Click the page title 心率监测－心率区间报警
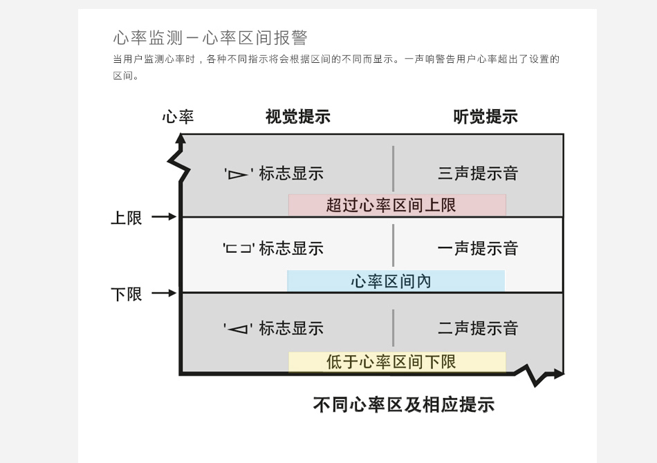pyautogui.click(x=210, y=38)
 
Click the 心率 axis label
pyautogui.click(x=178, y=117)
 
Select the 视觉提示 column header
pyautogui.click(x=297, y=117)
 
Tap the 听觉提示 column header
pyautogui.click(x=485, y=117)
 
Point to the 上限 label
pyautogui.click(x=127, y=218)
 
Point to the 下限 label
pyautogui.click(x=127, y=294)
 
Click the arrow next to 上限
pyautogui.click(x=165, y=217)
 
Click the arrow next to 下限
pyautogui.click(x=165, y=293)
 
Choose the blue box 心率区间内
pyautogui.click(x=396, y=281)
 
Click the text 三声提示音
pyautogui.click(x=478, y=173)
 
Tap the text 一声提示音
pyautogui.click(x=478, y=249)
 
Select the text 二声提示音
pyautogui.click(x=478, y=329)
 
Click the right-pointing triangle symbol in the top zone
pyautogui.click(x=238, y=174)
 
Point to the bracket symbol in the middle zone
pyautogui.click(x=239, y=249)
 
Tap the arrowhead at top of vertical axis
pyautogui.click(x=181, y=138)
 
